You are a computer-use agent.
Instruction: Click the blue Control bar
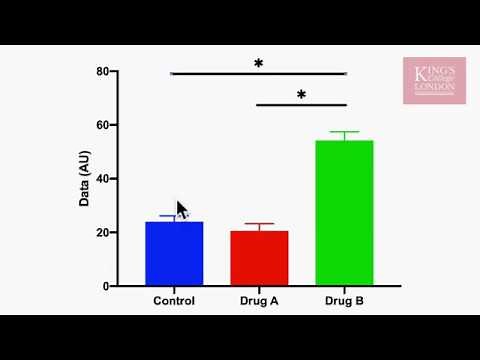pos(174,255)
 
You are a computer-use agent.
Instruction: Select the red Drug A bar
pos(259,259)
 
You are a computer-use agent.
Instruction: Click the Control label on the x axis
pos(174,301)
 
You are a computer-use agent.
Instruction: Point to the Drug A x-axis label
pos(259,301)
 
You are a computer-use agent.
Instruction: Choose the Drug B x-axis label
pos(344,301)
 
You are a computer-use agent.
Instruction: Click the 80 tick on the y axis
pos(102,72)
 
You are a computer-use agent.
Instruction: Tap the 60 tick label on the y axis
pos(102,125)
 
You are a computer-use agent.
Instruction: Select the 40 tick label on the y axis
pos(102,179)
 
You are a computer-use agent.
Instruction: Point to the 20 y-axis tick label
pos(102,233)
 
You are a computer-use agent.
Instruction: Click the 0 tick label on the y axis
pos(105,286)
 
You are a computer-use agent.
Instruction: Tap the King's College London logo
pos(433,81)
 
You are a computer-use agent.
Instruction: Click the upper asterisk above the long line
pos(258,64)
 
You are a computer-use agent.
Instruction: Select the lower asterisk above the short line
pos(301,96)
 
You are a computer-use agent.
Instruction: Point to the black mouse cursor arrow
pos(181,210)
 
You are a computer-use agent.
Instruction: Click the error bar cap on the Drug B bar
pos(344,132)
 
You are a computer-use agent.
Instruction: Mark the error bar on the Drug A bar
pos(259,226)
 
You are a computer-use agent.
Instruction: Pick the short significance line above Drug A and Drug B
pos(301,105)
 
